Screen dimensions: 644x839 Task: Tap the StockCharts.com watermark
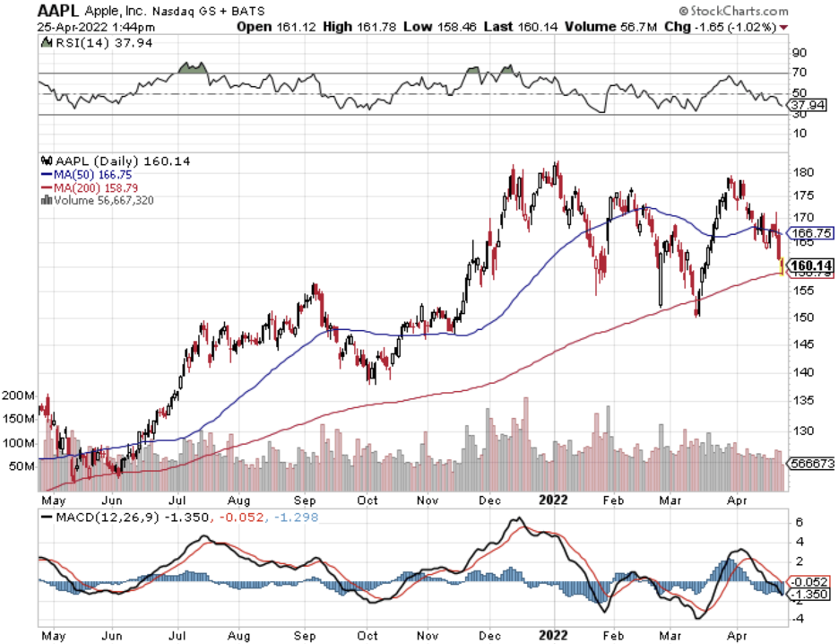[x=736, y=12]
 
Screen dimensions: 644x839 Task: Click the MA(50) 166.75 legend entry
[x=91, y=176]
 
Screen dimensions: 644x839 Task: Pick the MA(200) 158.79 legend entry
[x=93, y=188]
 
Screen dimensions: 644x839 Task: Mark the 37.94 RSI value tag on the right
[x=806, y=106]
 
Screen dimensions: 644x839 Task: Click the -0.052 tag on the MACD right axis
[x=806, y=580]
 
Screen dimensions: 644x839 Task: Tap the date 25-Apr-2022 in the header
[x=72, y=27]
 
